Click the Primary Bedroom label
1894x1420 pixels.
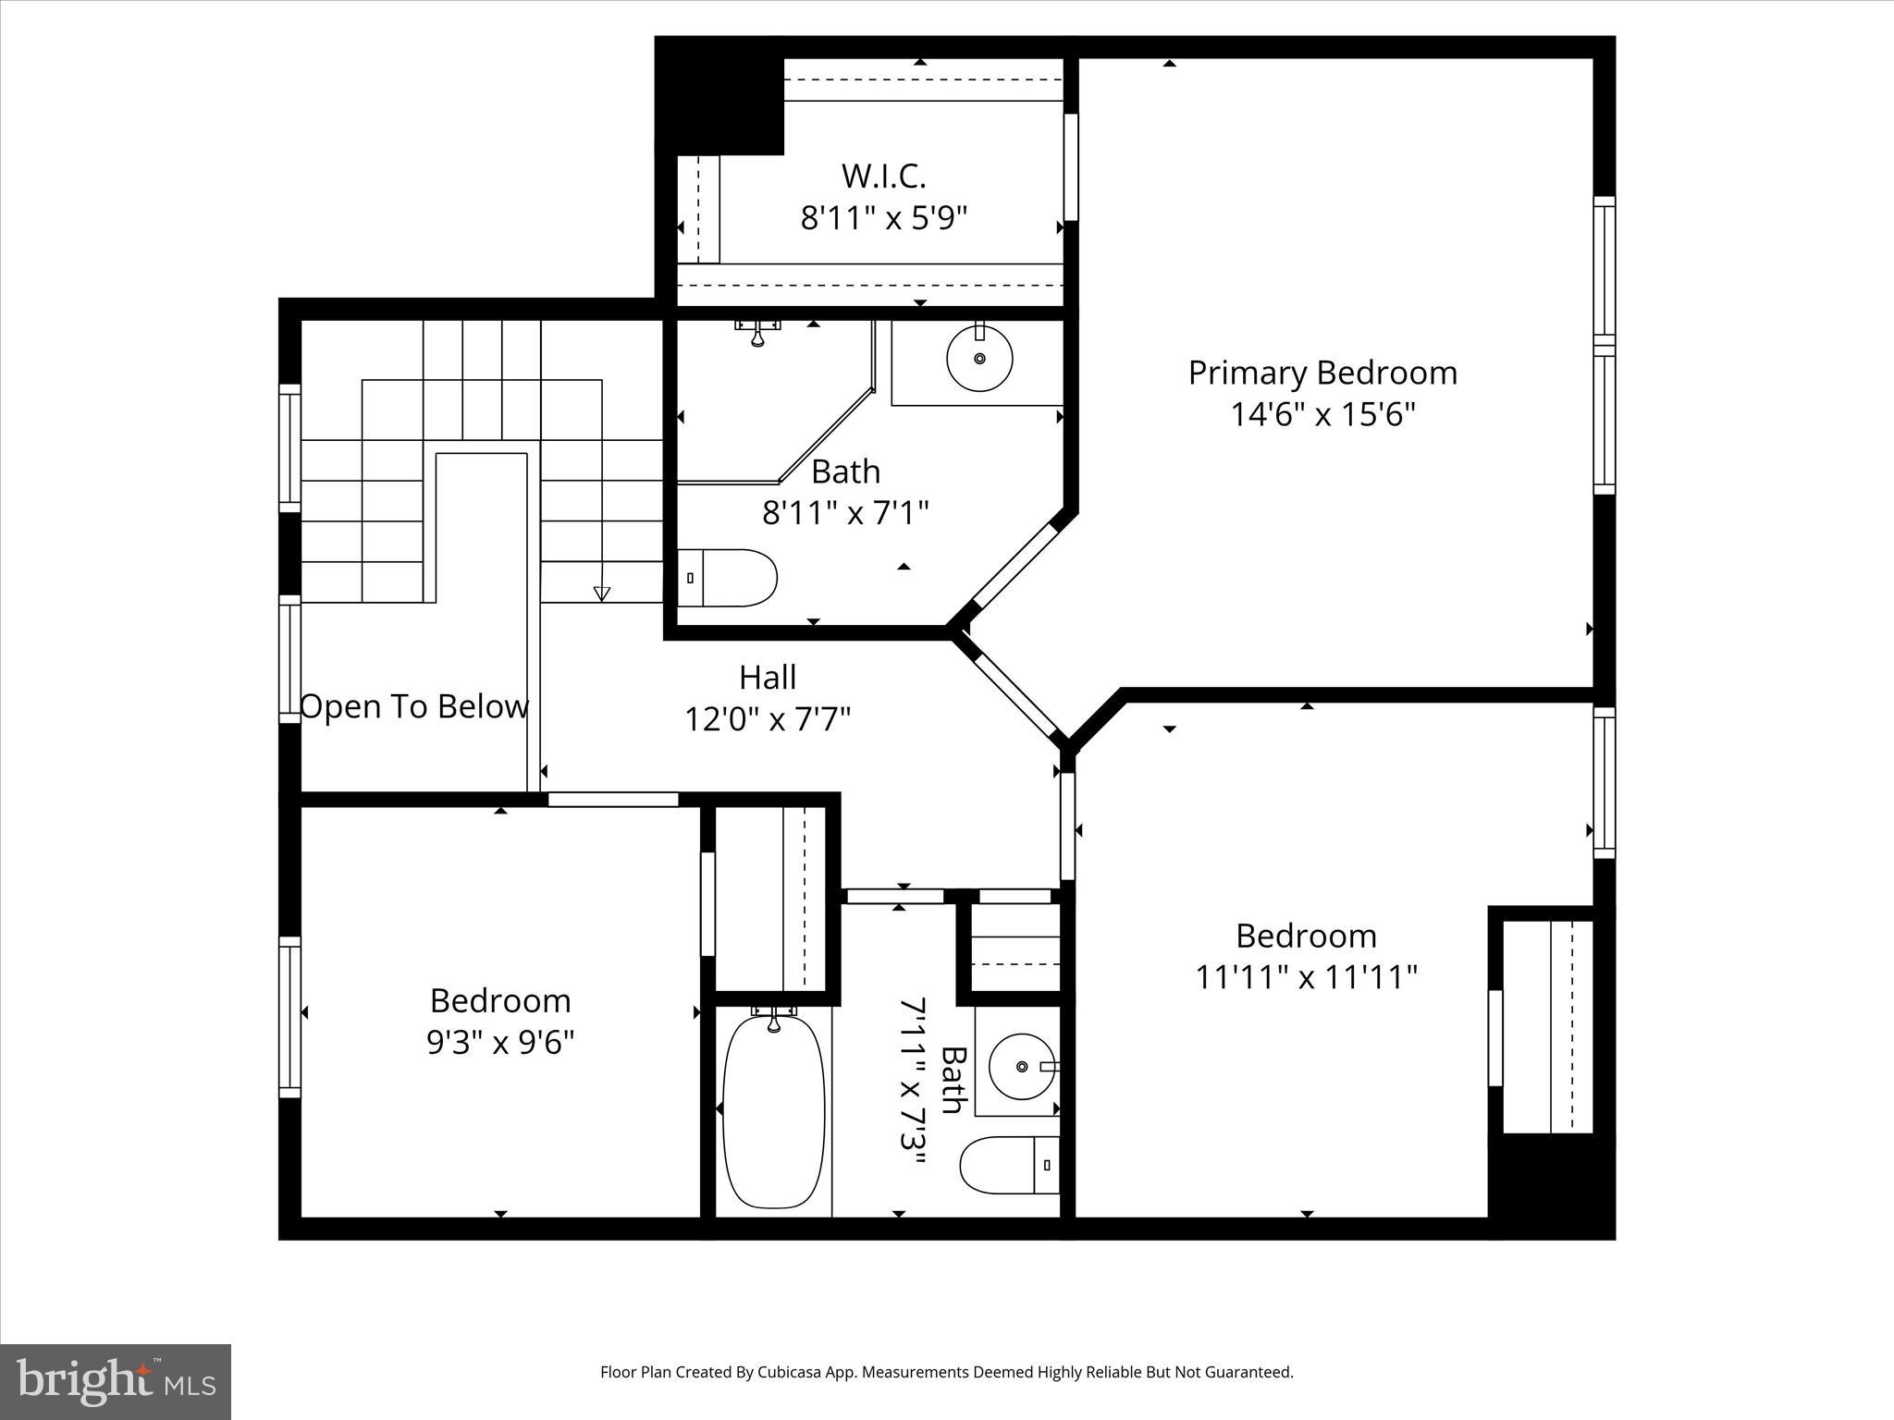coord(1322,373)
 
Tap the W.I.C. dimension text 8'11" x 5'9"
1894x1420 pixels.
coord(883,218)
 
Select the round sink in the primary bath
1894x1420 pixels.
coord(979,358)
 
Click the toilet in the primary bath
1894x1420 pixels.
coord(727,578)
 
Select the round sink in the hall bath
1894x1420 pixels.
coord(1021,1066)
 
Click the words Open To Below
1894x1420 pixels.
coord(414,706)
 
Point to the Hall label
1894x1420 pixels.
coord(767,678)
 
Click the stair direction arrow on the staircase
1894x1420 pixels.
coord(602,593)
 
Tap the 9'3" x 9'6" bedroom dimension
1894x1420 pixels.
coord(500,1043)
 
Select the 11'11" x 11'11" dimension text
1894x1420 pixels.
coord(1306,977)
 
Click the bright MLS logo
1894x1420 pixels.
coord(116,1380)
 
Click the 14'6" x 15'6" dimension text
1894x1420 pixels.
coord(1322,414)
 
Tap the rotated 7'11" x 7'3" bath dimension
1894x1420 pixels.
coord(913,1085)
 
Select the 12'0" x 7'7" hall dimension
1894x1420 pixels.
coord(767,718)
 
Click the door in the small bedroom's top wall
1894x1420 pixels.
coord(613,800)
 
